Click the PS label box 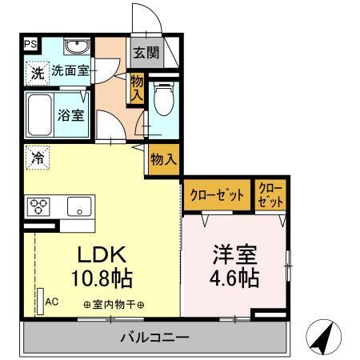tap(30, 45)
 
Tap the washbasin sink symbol tap(77, 45)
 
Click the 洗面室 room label tap(70, 71)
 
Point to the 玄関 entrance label tap(146, 54)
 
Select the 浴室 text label tap(70, 115)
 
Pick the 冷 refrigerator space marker tap(37, 158)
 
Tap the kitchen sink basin tap(80, 206)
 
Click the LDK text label tap(102, 255)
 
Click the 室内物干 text tap(114, 305)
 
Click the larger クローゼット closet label tap(217, 194)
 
